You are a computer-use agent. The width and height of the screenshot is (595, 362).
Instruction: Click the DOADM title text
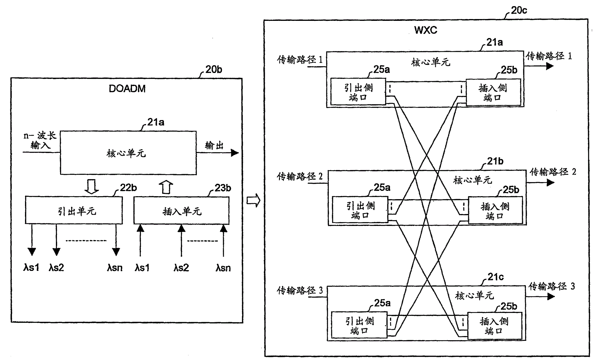(127, 89)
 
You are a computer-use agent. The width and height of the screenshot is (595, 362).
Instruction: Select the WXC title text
(426, 30)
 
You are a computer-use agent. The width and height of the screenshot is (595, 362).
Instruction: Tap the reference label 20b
(214, 69)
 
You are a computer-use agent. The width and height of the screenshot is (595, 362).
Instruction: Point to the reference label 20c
(519, 10)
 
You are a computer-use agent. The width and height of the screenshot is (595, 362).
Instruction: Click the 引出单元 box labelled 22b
(74, 210)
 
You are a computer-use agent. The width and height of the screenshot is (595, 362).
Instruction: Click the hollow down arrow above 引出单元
(92, 187)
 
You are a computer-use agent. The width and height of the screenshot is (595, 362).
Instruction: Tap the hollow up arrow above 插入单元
(166, 187)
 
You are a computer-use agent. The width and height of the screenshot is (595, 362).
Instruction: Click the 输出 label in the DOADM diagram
(214, 145)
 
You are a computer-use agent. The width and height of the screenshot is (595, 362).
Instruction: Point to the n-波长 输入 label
(40, 141)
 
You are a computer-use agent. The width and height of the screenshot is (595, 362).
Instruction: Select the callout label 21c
(496, 277)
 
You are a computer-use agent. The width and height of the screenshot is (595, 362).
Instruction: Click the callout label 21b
(495, 161)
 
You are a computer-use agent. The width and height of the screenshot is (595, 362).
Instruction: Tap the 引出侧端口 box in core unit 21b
(360, 210)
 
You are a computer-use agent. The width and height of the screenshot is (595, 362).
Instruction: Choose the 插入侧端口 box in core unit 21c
(494, 326)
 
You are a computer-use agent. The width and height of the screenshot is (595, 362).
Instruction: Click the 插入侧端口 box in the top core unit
(493, 92)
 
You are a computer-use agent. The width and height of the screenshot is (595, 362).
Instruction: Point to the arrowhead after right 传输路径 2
(550, 182)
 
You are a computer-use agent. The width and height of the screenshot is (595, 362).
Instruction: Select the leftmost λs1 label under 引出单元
(31, 268)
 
